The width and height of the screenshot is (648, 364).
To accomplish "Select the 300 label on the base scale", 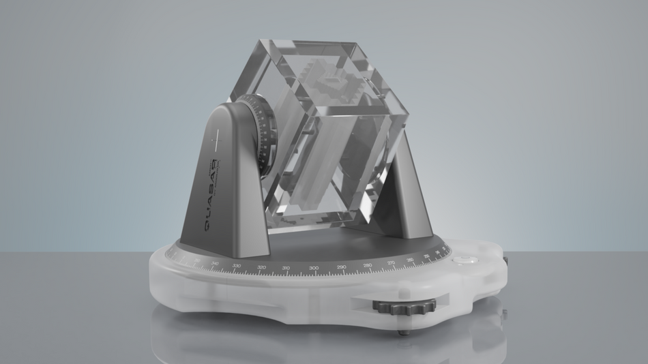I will (314, 268).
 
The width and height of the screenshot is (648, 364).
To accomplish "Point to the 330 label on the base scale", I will (236, 265).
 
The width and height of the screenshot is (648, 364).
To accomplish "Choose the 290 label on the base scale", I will (341, 267).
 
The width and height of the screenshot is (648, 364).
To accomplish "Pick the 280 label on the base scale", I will (368, 264).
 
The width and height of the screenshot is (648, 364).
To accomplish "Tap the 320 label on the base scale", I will (261, 267).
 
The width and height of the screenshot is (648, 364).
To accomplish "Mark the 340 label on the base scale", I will (215, 262).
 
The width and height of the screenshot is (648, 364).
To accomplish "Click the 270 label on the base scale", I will (391, 262).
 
